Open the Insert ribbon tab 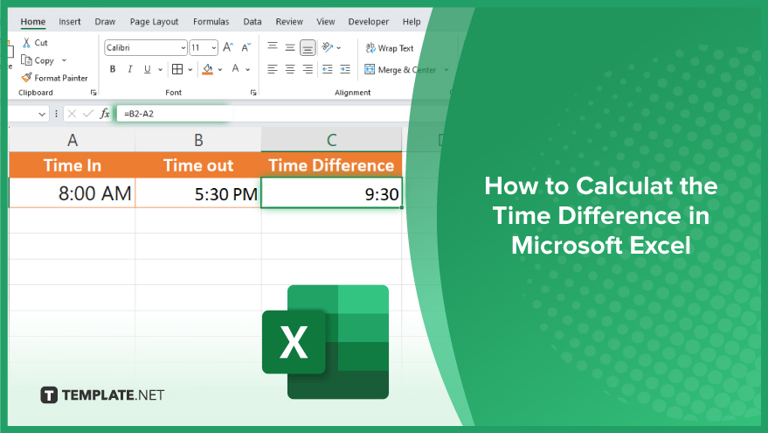click(70, 22)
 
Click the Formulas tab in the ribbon click(211, 22)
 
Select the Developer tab click(369, 22)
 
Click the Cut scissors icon click(26, 43)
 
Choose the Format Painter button click(54, 78)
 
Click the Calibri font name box click(145, 47)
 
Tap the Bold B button click(113, 69)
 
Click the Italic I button click(130, 69)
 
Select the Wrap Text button click(390, 48)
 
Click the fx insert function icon click(104, 114)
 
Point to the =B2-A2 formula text click(139, 114)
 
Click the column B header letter click(198, 140)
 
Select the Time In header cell click(72, 164)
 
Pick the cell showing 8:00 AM click(72, 192)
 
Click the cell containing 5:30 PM click(198, 192)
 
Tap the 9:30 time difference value click(382, 194)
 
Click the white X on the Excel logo click(294, 342)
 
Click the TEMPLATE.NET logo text click(113, 395)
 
